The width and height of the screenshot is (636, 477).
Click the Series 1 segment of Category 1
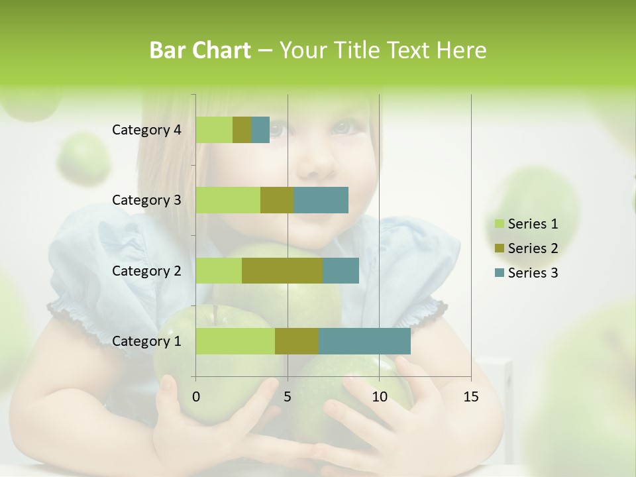tap(235, 341)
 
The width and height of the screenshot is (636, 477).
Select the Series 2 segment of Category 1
tap(297, 341)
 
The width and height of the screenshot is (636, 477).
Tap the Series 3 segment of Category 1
tap(364, 341)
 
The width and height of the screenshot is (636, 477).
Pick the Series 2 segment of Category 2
tap(282, 270)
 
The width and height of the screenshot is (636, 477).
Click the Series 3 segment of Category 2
tap(341, 270)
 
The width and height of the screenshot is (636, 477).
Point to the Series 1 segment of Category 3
tap(228, 200)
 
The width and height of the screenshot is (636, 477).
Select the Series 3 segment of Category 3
tap(321, 200)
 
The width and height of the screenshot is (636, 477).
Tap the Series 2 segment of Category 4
tap(242, 130)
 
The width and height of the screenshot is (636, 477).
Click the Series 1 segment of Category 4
tap(214, 130)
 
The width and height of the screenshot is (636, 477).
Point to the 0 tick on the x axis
tap(195, 397)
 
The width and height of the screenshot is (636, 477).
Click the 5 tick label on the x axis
tap(288, 397)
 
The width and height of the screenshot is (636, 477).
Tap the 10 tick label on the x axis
tap(379, 397)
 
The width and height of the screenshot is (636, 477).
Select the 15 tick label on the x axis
tap(471, 397)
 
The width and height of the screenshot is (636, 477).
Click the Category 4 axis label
tap(146, 130)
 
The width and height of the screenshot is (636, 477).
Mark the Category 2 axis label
tap(146, 270)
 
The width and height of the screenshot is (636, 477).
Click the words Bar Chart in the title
tap(200, 50)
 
